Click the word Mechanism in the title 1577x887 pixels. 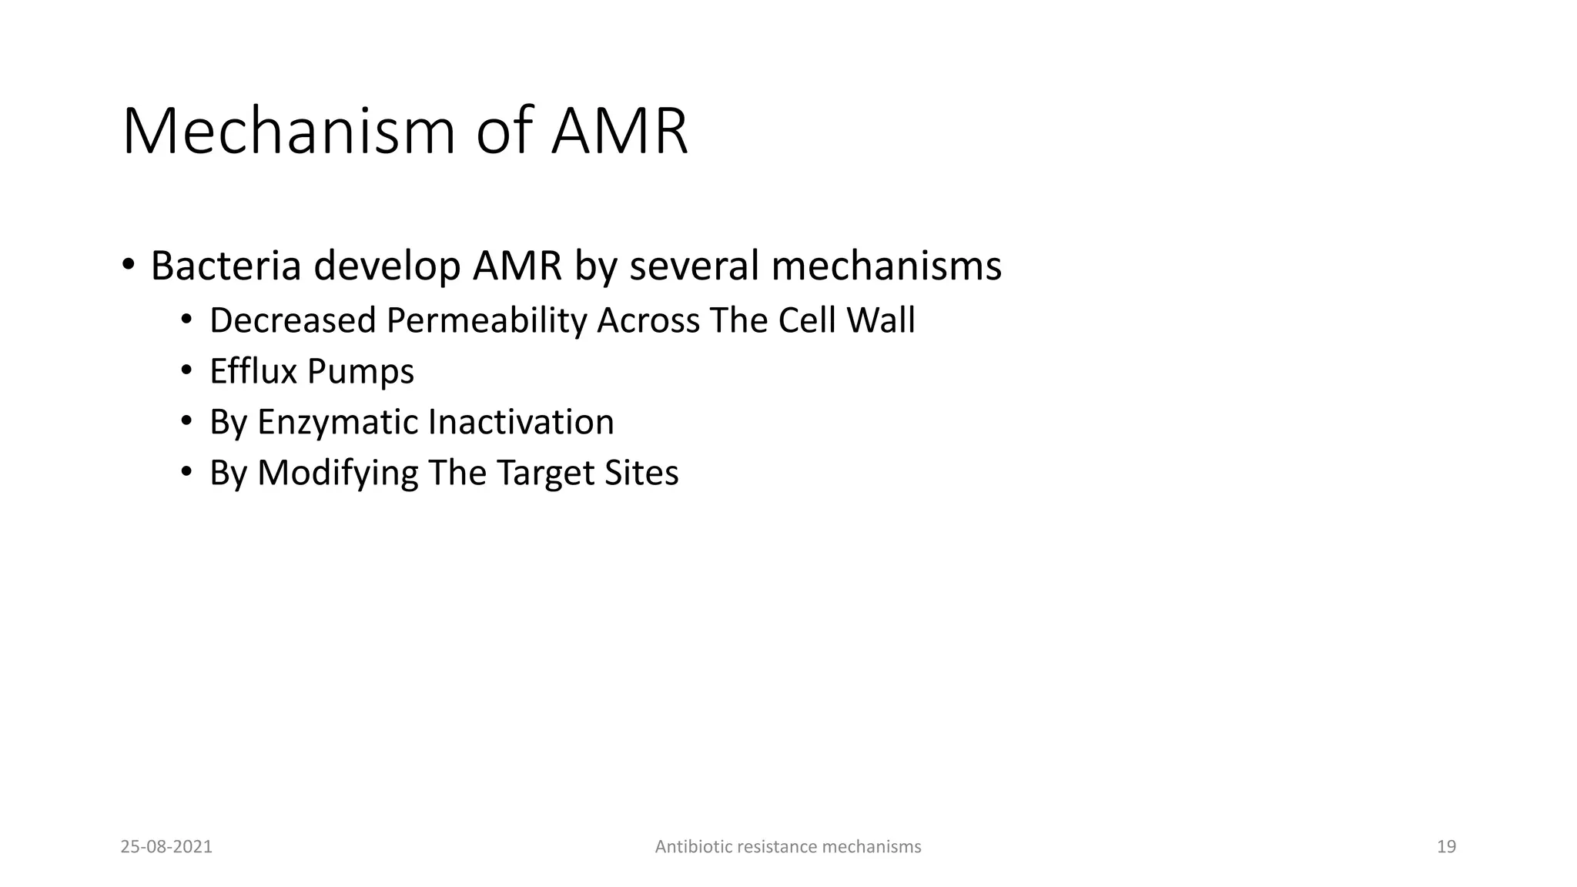(x=289, y=132)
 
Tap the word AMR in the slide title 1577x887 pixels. (x=619, y=132)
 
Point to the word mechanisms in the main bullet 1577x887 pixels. (x=886, y=266)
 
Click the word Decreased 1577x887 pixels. (x=292, y=320)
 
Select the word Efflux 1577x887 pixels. (x=253, y=371)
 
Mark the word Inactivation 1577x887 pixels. (x=521, y=422)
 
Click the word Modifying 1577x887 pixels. (x=337, y=474)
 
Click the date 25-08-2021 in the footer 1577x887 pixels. (x=166, y=847)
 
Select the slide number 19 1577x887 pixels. (x=1446, y=847)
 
